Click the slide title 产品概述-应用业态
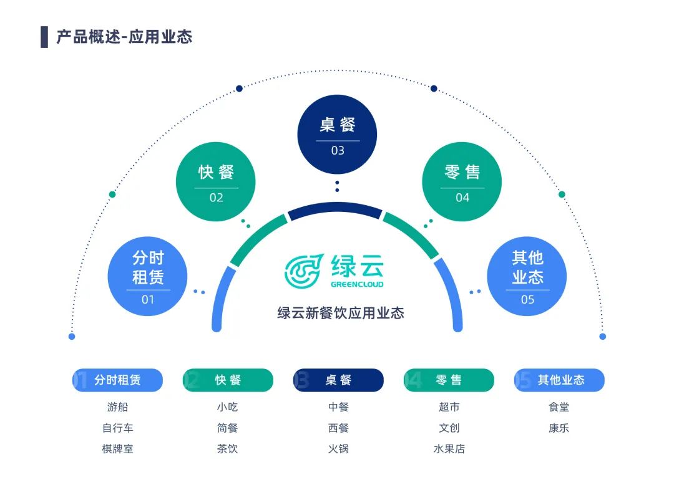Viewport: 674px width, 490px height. (124, 37)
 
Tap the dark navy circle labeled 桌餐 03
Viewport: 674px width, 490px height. (337, 134)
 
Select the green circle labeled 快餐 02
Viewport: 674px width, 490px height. (216, 181)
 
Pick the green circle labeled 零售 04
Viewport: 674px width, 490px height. (462, 181)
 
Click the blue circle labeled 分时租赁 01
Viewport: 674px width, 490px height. (148, 276)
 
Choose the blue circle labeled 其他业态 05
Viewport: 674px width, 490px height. (527, 276)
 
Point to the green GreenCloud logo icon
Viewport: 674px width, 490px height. (304, 270)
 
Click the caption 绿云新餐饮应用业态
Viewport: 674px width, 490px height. (341, 312)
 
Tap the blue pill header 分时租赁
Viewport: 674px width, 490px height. (117, 380)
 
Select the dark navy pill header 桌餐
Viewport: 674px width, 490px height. (338, 380)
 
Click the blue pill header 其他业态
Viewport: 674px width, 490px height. (560, 380)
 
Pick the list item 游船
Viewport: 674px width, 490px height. (117, 407)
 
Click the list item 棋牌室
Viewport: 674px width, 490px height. (117, 449)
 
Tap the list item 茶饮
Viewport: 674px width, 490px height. (227, 449)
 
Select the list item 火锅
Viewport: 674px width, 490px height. (338, 449)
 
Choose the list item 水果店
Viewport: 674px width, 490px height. (449, 449)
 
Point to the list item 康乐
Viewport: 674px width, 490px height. (559, 428)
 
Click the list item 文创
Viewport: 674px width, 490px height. (449, 428)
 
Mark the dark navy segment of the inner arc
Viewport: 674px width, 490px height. (335, 209)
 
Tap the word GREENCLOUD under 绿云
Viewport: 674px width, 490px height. (357, 284)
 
